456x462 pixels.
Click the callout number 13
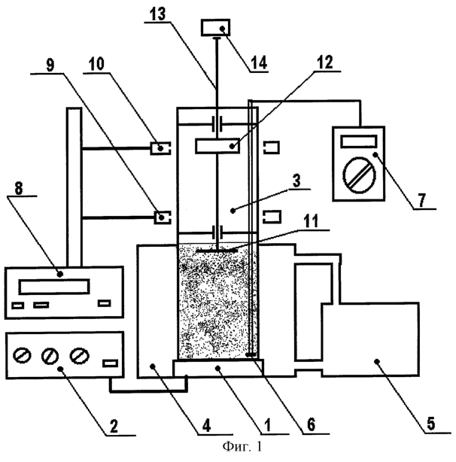click(158, 14)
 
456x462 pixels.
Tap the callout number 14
click(259, 62)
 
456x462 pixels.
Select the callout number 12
click(325, 62)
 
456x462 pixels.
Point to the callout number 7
click(422, 201)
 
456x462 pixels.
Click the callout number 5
click(430, 424)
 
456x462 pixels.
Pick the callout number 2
click(114, 426)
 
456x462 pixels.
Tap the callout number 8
click(19, 188)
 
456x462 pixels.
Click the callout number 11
click(311, 221)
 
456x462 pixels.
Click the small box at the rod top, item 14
click(216, 28)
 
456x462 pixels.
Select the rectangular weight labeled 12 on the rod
click(217, 146)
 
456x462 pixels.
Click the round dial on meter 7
click(360, 175)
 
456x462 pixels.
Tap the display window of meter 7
click(359, 141)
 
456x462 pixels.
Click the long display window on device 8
click(54, 287)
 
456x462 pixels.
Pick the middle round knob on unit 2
click(50, 356)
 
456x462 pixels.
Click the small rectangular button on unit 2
click(110, 363)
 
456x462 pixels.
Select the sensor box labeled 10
click(160, 148)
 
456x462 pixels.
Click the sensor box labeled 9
click(163, 217)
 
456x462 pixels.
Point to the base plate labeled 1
click(218, 368)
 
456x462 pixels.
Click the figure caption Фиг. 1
click(242, 447)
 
